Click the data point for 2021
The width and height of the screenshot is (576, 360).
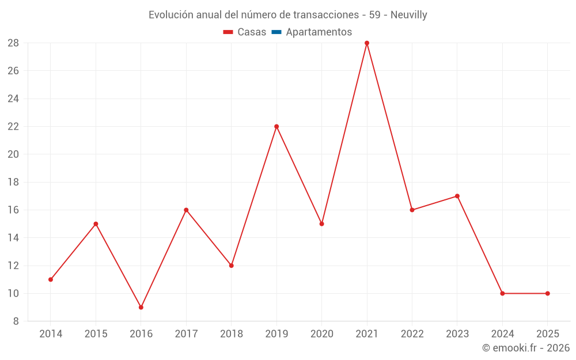click(x=367, y=43)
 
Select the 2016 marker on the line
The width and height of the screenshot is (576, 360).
click(x=141, y=307)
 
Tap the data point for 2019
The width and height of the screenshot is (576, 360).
click(x=276, y=127)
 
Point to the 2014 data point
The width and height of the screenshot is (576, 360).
click(x=51, y=279)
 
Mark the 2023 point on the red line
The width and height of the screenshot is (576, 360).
click(x=457, y=196)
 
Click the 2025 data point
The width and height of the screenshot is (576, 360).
click(x=547, y=293)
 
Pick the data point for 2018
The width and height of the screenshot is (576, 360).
click(x=232, y=266)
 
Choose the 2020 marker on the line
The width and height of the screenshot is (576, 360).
click(x=322, y=223)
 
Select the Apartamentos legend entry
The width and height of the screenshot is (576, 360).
click(x=319, y=32)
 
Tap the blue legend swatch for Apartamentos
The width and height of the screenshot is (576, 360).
click(x=276, y=32)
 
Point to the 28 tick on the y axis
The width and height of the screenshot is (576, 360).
click(x=13, y=43)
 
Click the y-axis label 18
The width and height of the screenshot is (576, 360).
click(x=13, y=182)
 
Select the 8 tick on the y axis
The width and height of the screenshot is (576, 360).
click(x=16, y=321)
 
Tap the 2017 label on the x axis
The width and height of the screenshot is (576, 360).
click(x=186, y=334)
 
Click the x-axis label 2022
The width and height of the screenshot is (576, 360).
click(x=412, y=334)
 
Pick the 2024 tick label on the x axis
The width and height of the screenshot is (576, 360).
click(x=502, y=334)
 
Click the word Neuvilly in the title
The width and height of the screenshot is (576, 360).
click(x=408, y=15)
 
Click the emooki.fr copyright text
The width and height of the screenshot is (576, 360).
click(x=526, y=348)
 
